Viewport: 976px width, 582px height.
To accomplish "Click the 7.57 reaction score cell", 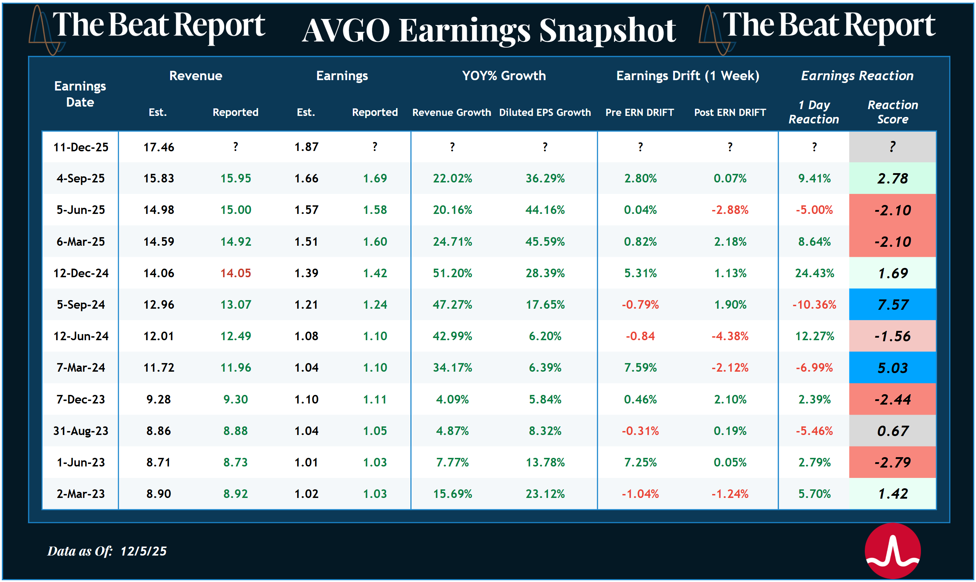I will [x=892, y=305].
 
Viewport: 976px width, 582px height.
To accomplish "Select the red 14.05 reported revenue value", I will [x=235, y=273].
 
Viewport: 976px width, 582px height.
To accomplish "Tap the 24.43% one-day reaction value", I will [x=814, y=273].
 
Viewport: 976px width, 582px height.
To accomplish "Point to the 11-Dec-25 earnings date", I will [x=81, y=147].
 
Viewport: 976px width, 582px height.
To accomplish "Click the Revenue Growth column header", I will [x=452, y=113].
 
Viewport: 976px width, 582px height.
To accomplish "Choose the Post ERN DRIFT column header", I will [x=729, y=113].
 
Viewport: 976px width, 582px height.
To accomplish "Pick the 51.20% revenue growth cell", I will [x=452, y=273].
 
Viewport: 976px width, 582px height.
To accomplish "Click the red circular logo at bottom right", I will [x=892, y=551].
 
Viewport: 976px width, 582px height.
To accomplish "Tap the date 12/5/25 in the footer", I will [x=143, y=551].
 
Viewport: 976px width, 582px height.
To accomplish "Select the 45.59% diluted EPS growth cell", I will [x=545, y=241].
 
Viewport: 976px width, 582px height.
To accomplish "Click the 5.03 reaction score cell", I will [x=892, y=368].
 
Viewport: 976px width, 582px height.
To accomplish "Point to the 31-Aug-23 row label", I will [x=81, y=431].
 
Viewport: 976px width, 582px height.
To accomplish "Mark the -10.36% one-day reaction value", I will [x=814, y=305].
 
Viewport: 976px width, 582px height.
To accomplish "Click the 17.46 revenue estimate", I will [x=158, y=147].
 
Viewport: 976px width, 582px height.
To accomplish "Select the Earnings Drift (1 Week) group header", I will [x=687, y=76].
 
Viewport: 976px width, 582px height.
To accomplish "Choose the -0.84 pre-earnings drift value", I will [x=640, y=336].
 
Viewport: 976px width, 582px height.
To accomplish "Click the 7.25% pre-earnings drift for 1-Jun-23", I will [x=640, y=463].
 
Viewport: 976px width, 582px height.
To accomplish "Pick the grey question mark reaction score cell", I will [x=892, y=147].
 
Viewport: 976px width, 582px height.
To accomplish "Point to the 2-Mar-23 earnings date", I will [x=81, y=494].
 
